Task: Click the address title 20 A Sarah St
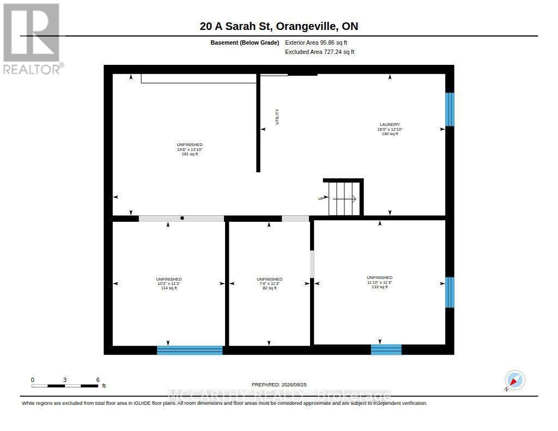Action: click(279, 26)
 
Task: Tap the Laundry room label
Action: click(390, 129)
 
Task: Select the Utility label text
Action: click(277, 117)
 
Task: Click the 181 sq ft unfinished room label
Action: click(190, 149)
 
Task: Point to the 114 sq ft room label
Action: click(169, 283)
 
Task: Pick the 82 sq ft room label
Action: click(269, 283)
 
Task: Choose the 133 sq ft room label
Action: click(379, 282)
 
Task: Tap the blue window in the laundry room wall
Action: click(450, 110)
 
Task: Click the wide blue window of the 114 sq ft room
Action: click(190, 350)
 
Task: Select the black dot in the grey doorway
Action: click(182, 218)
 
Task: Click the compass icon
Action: click(514, 380)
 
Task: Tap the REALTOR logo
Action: click(32, 39)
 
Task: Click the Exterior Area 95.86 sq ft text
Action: click(316, 43)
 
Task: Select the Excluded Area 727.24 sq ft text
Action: click(319, 52)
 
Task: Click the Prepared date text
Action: click(279, 384)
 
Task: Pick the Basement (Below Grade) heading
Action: click(245, 43)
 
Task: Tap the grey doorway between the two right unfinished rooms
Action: click(312, 264)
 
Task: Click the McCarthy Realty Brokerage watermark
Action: click(279, 395)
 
